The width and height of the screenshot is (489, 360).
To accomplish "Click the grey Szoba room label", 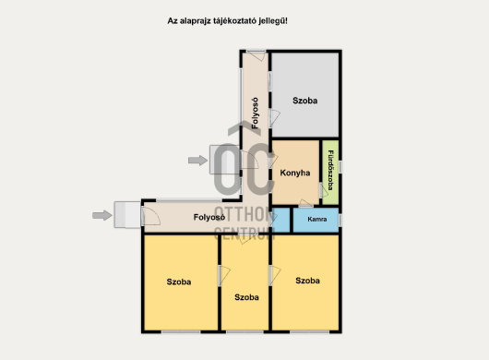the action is tap(305, 101).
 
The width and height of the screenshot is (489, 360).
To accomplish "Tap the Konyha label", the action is tap(295, 173).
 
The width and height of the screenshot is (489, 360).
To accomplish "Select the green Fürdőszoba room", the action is tap(330, 173).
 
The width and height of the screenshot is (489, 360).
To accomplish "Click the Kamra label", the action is tap(317, 220).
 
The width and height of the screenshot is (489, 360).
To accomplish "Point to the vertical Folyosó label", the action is tap(255, 113).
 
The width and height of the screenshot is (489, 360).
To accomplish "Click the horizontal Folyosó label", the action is tap(209, 217).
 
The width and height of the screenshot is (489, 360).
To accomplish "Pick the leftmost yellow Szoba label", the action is tap(179, 282).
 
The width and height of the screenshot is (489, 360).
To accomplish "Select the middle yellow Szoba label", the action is tap(246, 297).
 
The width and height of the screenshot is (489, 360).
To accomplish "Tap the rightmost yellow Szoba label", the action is tap(307, 281).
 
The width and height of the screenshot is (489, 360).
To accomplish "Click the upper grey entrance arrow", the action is tap(197, 161).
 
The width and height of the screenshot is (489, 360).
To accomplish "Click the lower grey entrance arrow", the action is tap(102, 215).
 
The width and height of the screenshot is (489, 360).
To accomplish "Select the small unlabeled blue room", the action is tap(281, 221).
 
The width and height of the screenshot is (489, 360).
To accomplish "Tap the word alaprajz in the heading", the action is tap(196, 21).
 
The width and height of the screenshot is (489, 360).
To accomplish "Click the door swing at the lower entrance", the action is tap(151, 216).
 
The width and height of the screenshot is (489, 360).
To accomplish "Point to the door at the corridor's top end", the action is tap(257, 56).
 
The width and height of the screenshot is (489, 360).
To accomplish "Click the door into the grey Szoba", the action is tap(274, 118).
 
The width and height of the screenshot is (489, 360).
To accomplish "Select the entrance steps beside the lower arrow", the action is tap(127, 215).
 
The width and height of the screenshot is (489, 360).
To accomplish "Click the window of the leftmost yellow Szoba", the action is tap(181, 332).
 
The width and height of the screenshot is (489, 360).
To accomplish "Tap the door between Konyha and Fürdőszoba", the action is tap(324, 190).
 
